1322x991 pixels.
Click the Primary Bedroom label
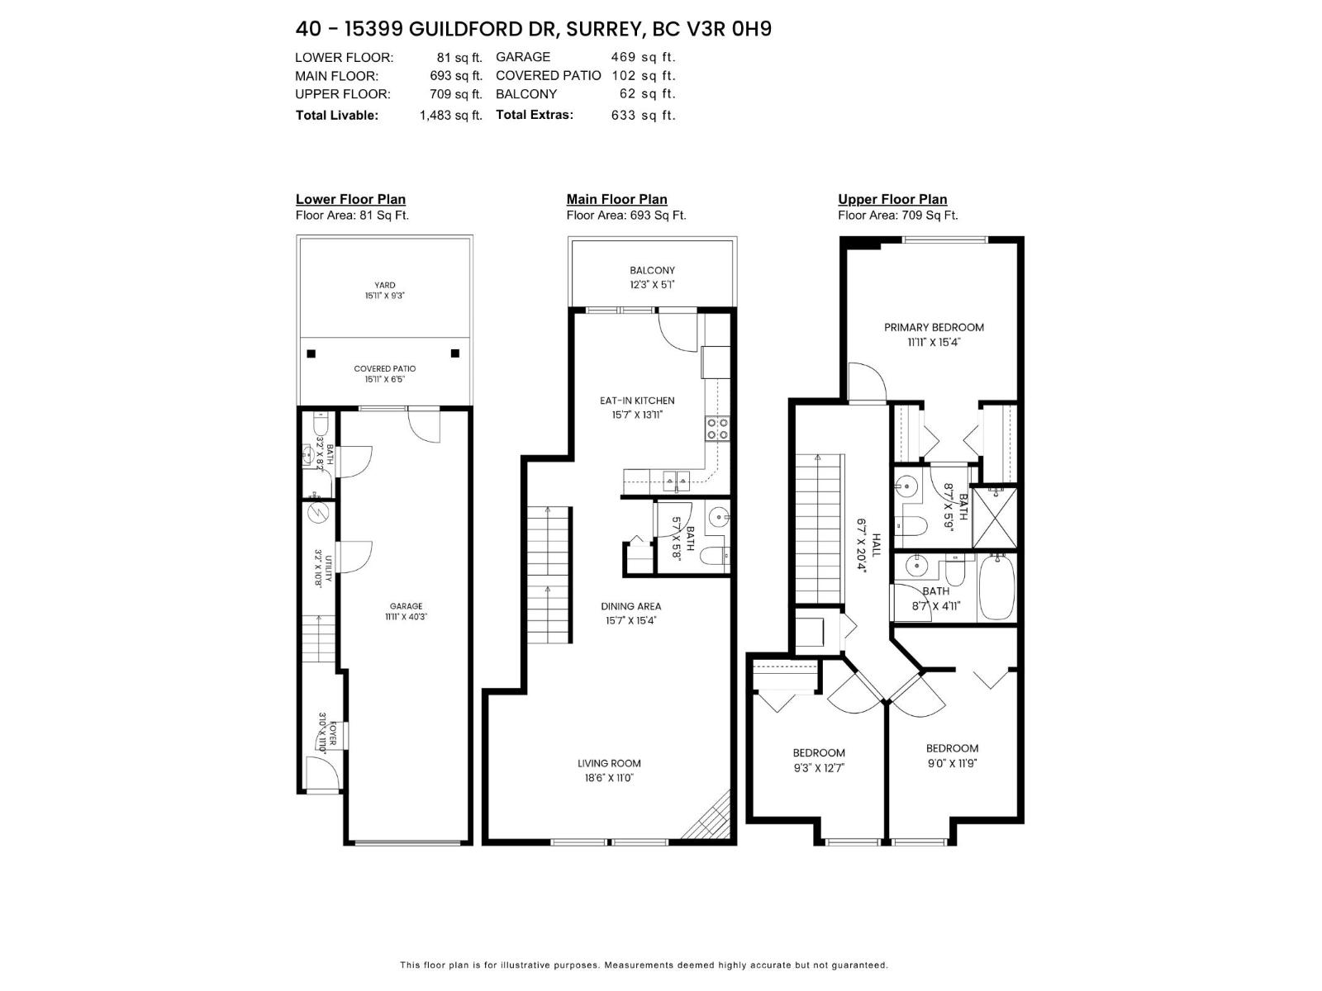tap(934, 327)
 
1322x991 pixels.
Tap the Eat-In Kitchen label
tap(637, 401)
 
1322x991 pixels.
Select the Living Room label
tap(609, 763)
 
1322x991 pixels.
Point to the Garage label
tap(406, 605)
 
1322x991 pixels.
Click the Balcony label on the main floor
tap(652, 270)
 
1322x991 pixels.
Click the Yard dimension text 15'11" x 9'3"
tap(384, 296)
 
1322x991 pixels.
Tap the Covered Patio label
tap(384, 368)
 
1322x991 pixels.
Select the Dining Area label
tap(630, 606)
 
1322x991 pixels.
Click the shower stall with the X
tap(994, 519)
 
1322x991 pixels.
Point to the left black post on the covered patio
tap(311, 353)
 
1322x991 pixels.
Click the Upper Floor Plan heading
tap(892, 199)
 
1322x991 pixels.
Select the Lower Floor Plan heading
tap(350, 199)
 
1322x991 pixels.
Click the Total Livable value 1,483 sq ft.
tap(450, 116)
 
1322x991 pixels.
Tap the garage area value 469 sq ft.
tap(643, 57)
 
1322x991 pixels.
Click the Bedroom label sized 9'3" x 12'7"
tap(818, 752)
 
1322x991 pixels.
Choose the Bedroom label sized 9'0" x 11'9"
tap(952, 748)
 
